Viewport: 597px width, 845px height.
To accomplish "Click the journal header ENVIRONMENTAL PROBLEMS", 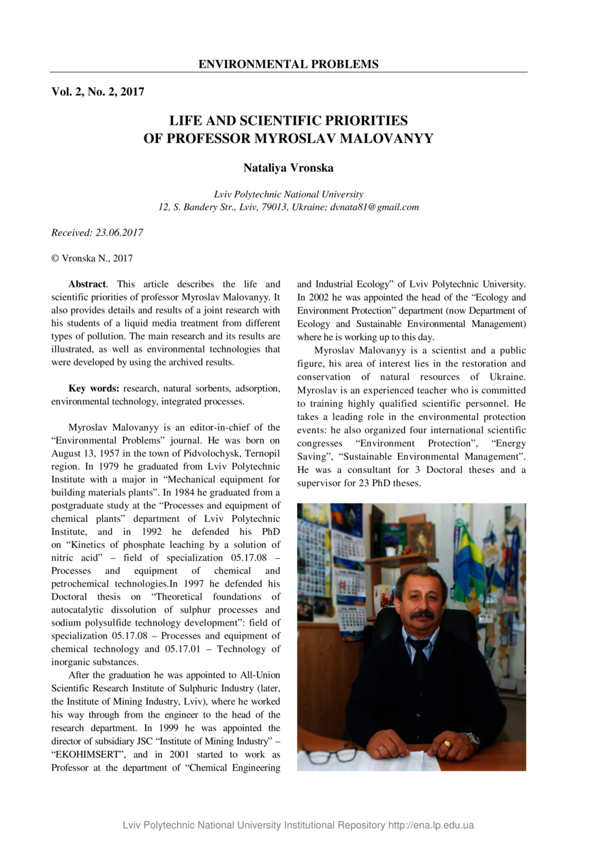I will [288, 65].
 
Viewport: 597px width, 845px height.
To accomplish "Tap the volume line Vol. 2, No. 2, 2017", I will [97, 91].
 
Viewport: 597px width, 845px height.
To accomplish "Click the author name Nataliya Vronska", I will [288, 168].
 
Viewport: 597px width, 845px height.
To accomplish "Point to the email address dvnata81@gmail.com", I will [375, 207].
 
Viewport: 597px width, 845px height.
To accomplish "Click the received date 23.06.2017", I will [120, 233].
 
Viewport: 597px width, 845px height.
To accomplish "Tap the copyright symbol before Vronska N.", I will [55, 259].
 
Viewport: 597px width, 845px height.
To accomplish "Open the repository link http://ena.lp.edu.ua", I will [431, 825].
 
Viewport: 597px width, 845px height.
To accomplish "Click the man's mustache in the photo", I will [423, 615].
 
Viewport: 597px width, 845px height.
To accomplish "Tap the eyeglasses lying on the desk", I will [329, 754].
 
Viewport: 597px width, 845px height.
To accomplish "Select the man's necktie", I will [418, 658].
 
